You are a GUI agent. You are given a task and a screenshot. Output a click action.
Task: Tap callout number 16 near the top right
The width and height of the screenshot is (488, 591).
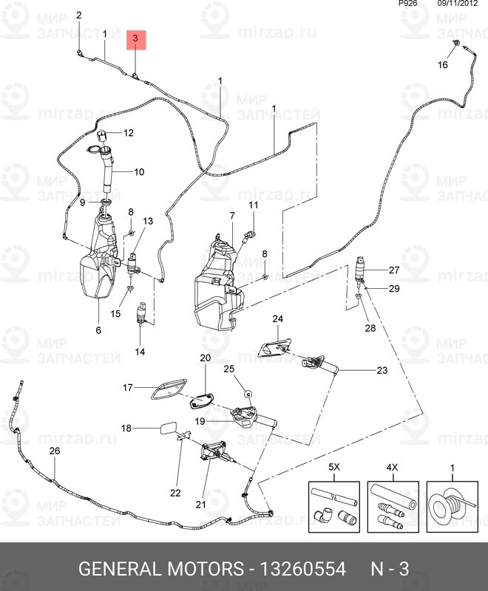pyautogui.click(x=443, y=65)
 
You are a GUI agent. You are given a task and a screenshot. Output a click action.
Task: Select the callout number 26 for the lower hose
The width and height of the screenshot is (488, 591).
pyautogui.click(x=54, y=451)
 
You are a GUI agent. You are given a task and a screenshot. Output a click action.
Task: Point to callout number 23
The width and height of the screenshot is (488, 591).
pyautogui.click(x=382, y=370)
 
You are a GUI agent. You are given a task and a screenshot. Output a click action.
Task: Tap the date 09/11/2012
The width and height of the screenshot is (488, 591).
pyautogui.click(x=458, y=4)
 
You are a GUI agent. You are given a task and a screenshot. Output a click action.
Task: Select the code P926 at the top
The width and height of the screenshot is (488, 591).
pyautogui.click(x=407, y=4)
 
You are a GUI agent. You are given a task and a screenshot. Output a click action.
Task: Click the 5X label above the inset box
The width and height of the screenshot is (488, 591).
pyautogui.click(x=333, y=468)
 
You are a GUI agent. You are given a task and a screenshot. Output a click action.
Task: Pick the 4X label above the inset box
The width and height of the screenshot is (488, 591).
pyautogui.click(x=393, y=468)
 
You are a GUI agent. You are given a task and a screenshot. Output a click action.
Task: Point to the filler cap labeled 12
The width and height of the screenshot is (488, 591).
pyautogui.click(x=104, y=134)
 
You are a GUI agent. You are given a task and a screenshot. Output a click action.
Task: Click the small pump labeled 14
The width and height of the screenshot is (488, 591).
pyautogui.click(x=140, y=314)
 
